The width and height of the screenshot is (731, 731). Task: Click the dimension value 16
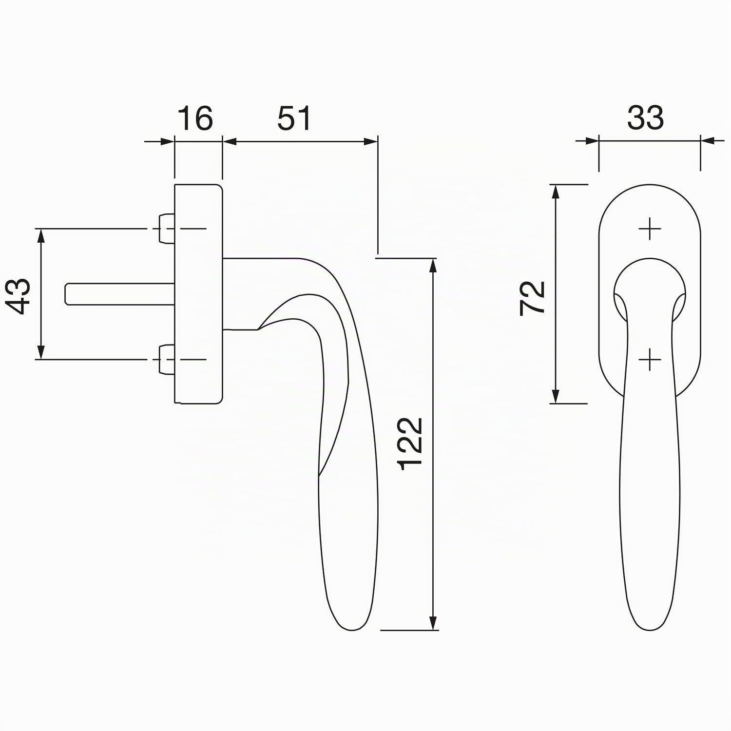[x=194, y=118]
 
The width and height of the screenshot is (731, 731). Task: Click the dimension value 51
[x=294, y=118]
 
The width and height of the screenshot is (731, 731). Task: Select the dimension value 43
[x=20, y=296]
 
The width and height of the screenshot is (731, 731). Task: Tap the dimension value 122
[x=410, y=443]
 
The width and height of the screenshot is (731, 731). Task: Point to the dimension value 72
[x=532, y=298]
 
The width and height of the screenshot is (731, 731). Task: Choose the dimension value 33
[x=645, y=118]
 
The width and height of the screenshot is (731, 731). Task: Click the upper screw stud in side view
[x=166, y=229]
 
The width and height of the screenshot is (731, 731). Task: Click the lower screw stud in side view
[x=166, y=360]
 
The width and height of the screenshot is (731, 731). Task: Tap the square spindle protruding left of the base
[x=120, y=294]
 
